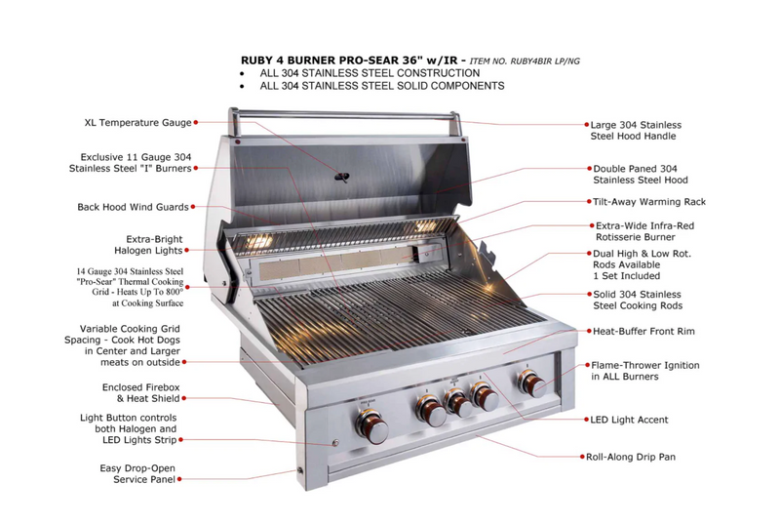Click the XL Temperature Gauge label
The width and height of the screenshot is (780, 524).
click(136, 123)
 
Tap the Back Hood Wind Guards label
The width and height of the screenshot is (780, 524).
click(133, 207)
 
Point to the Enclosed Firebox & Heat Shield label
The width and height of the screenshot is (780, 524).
click(141, 393)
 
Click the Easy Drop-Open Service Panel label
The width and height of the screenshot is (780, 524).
click(137, 474)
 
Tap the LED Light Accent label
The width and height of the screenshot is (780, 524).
click(629, 420)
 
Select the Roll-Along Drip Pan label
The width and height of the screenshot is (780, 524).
click(630, 456)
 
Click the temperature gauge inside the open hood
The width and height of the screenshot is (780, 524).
click(341, 177)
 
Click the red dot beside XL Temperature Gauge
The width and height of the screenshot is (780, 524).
click(196, 123)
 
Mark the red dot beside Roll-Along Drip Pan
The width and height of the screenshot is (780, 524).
click(578, 456)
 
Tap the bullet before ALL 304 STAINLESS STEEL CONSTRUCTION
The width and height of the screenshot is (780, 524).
click(243, 73)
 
